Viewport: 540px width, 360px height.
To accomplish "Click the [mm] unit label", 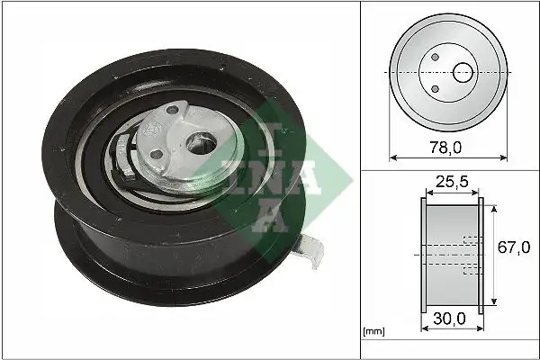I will [x=372, y=332].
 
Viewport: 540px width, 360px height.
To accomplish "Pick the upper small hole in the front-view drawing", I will [x=435, y=57].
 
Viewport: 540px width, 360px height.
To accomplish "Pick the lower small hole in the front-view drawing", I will [x=435, y=87].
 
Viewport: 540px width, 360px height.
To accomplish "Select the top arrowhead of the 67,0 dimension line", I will [x=494, y=206].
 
